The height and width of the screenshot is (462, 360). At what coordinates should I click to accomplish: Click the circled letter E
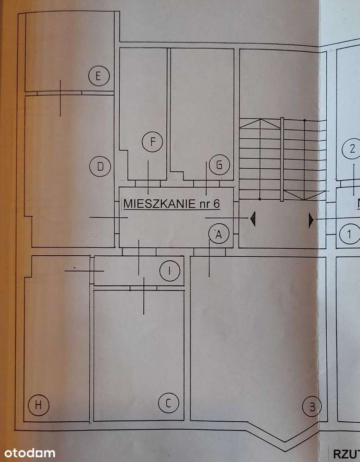click(x=98, y=76)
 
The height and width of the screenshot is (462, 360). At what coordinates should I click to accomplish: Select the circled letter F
click(x=153, y=142)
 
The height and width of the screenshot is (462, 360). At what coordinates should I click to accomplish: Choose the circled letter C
click(x=169, y=403)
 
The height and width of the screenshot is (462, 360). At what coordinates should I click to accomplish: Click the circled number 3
click(x=312, y=407)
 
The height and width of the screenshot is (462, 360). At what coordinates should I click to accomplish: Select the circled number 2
click(x=352, y=149)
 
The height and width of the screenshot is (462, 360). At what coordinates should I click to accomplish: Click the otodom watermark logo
click(x=28, y=453)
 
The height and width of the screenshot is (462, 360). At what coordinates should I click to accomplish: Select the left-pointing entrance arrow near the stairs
click(x=253, y=218)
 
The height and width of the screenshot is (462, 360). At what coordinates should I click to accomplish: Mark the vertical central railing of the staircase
click(x=281, y=160)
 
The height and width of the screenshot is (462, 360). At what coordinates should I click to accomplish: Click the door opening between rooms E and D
click(x=60, y=92)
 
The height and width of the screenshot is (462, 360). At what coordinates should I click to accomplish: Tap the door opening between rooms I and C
click(x=143, y=288)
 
